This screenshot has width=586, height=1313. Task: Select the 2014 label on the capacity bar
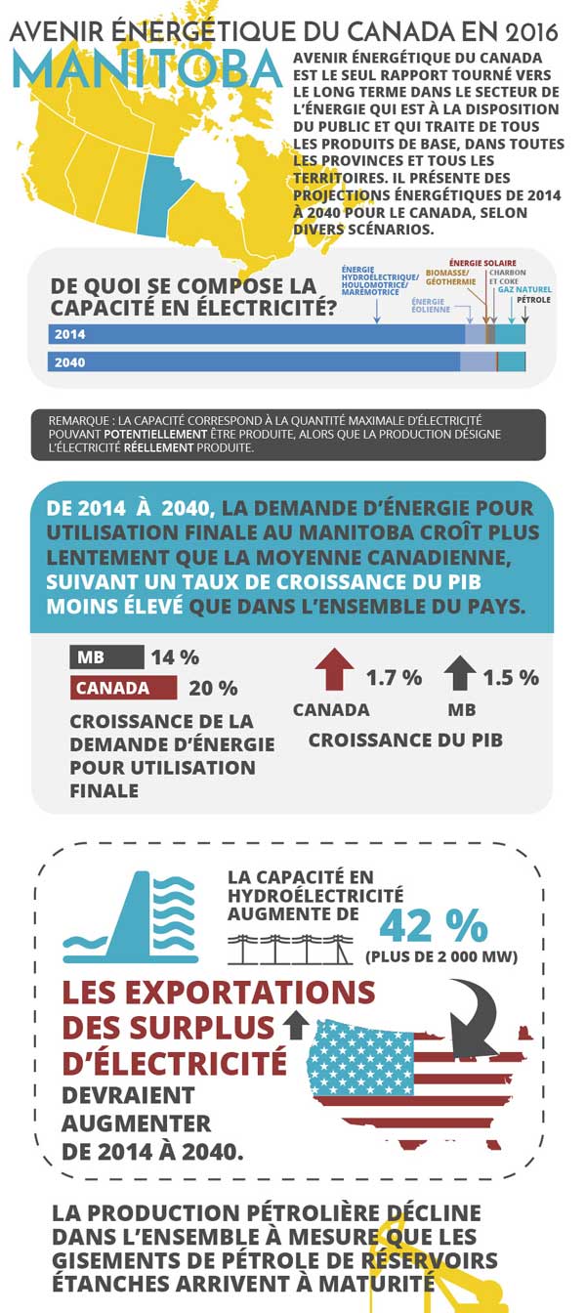pos(70,334)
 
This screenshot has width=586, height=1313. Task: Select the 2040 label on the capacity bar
pos(70,362)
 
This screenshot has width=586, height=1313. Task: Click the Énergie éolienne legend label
pos(431,306)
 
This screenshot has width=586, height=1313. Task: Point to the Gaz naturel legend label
pos(525,290)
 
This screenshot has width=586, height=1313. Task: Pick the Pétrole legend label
pos(533,300)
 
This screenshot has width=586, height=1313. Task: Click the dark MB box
pos(106,657)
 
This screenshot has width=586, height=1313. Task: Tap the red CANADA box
pos(123,688)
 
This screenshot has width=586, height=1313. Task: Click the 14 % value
pos(175,657)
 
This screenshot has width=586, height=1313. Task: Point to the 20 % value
pos(213,688)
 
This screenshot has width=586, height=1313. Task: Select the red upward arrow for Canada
pos(334,671)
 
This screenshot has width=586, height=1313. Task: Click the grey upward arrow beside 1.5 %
pos(460,673)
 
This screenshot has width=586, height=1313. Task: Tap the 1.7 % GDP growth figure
pos(394,677)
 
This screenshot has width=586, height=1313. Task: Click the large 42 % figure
pos(433,925)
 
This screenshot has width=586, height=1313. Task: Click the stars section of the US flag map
pos(359,1060)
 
